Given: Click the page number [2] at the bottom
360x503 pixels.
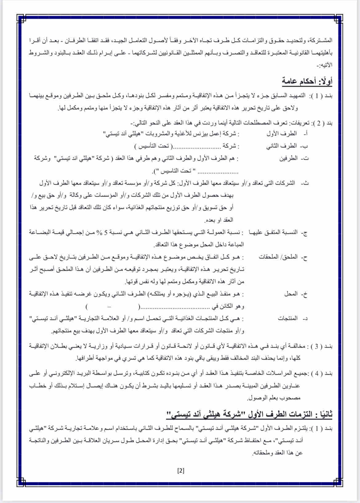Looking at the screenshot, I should [x=181, y=470].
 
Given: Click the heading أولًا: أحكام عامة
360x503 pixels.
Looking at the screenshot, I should [x=307, y=81].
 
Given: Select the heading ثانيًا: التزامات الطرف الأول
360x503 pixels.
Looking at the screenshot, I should [x=250, y=414].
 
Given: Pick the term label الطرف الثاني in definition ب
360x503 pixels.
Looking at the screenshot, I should [x=281, y=146].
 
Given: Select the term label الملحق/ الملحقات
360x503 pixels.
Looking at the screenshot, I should [x=278, y=257].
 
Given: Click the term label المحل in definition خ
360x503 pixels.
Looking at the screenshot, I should [x=291, y=294].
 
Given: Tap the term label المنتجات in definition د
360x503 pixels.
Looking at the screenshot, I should [x=288, y=318].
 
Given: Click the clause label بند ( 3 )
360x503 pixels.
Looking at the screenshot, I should [x=320, y=347].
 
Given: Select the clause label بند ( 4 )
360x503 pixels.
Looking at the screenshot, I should [x=320, y=374].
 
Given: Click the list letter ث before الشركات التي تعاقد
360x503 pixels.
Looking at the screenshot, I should [x=306, y=183].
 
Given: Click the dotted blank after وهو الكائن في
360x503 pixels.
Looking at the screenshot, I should [x=175, y=307].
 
